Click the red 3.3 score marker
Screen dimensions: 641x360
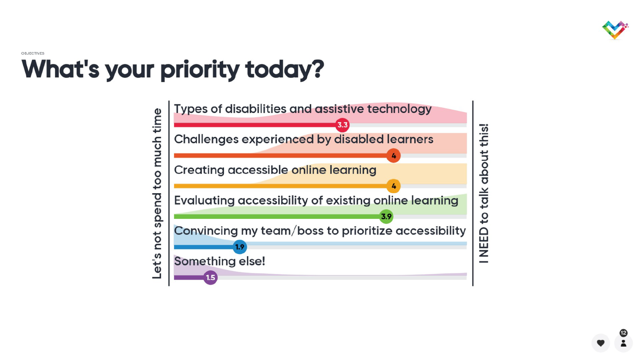(x=342, y=125)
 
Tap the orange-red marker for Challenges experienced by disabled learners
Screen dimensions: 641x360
(x=393, y=156)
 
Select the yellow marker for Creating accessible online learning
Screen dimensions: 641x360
(x=393, y=186)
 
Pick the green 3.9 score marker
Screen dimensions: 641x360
(x=386, y=216)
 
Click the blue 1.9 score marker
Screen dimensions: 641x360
(x=240, y=247)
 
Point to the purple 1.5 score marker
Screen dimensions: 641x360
(x=210, y=277)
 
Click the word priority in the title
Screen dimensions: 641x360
(x=200, y=70)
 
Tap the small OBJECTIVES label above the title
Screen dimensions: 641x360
(x=32, y=53)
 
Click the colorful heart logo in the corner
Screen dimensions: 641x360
(x=615, y=30)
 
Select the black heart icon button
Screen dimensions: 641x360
(x=601, y=343)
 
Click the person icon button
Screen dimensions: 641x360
(x=623, y=343)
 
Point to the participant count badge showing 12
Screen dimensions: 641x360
(x=623, y=333)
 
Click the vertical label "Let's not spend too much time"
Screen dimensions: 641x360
(x=157, y=193)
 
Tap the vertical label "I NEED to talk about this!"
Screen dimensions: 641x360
(x=484, y=193)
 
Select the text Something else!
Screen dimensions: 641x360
(x=220, y=261)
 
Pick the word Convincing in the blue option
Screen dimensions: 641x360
(x=206, y=231)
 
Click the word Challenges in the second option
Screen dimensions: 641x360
(x=206, y=140)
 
